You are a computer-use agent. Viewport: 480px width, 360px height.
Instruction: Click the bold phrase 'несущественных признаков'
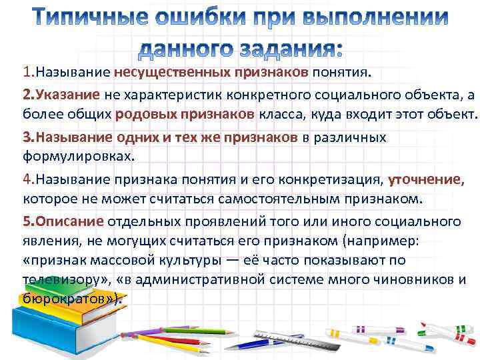click(211, 72)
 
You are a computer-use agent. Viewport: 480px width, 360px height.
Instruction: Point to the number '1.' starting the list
click(29, 72)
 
